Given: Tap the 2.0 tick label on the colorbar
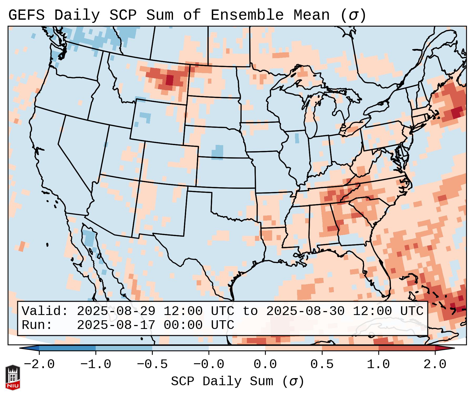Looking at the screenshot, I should tap(435, 364).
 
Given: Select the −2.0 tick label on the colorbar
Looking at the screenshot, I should tap(39, 364).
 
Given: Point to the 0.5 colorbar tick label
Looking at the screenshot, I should tap(322, 364).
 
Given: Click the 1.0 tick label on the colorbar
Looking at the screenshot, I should tap(378, 364).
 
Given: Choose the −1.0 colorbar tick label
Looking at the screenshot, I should tap(95, 364).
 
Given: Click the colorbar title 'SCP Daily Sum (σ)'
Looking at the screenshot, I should tap(237, 382).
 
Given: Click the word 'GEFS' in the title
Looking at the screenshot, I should tap(26, 15).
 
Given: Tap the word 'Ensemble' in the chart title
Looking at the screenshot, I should tap(247, 15).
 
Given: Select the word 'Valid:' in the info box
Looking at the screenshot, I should tap(45, 311).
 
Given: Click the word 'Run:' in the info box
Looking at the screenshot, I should tap(37, 325).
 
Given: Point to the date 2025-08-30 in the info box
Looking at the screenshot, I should tap(305, 311).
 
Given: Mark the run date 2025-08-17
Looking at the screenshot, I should tap(116, 325).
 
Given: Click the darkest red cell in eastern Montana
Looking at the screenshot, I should tap(170, 80).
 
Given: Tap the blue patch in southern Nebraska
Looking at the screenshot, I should tap(217, 152).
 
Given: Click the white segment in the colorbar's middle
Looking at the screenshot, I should tap(237, 348).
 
